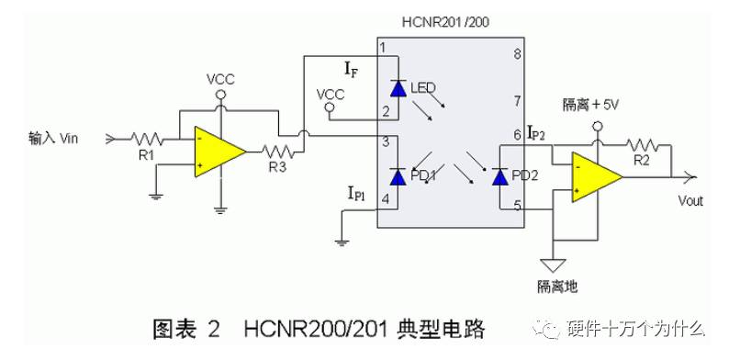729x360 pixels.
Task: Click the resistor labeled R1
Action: [146, 139]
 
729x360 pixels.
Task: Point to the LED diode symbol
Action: [397, 88]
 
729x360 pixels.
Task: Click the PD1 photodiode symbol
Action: [397, 176]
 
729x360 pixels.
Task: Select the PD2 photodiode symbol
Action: [499, 176]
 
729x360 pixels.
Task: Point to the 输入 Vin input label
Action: [61, 138]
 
